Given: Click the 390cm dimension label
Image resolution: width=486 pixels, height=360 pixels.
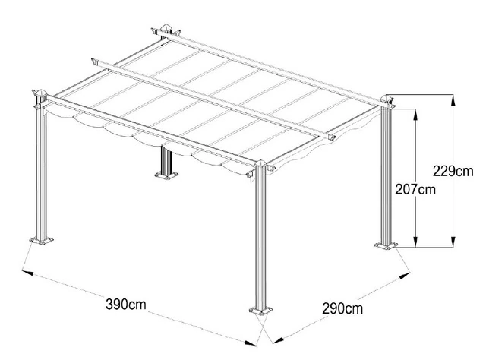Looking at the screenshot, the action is click(126, 305).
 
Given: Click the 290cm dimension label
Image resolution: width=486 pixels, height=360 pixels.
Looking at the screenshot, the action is click(342, 309).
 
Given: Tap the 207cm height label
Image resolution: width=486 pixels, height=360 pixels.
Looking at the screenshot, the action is click(415, 189).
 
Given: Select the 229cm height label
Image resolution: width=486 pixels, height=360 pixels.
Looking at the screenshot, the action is click(453, 171).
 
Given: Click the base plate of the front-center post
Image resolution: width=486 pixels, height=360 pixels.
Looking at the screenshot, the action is click(260, 311).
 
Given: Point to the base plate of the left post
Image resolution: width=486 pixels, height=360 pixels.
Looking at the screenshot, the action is click(41, 240).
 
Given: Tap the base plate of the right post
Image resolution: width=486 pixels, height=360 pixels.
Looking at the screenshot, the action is click(386, 245).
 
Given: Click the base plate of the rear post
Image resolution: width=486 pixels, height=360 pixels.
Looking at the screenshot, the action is click(166, 175).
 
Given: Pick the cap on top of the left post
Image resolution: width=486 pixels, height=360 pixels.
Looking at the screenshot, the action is click(40, 93).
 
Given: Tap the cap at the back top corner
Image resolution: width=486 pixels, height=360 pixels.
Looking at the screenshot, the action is click(166, 28).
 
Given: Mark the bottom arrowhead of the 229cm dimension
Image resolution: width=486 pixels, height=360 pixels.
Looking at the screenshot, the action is click(453, 242).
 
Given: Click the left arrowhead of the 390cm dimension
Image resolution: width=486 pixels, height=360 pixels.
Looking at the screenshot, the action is click(27, 272).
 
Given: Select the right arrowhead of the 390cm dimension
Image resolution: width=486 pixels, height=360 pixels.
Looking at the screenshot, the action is click(251, 343).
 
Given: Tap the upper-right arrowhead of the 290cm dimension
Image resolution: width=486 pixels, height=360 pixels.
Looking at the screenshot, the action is click(405, 276).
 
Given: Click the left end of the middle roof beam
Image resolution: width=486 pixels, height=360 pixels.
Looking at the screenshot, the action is click(94, 62).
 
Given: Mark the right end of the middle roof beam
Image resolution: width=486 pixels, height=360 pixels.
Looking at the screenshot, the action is click(330, 137).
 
